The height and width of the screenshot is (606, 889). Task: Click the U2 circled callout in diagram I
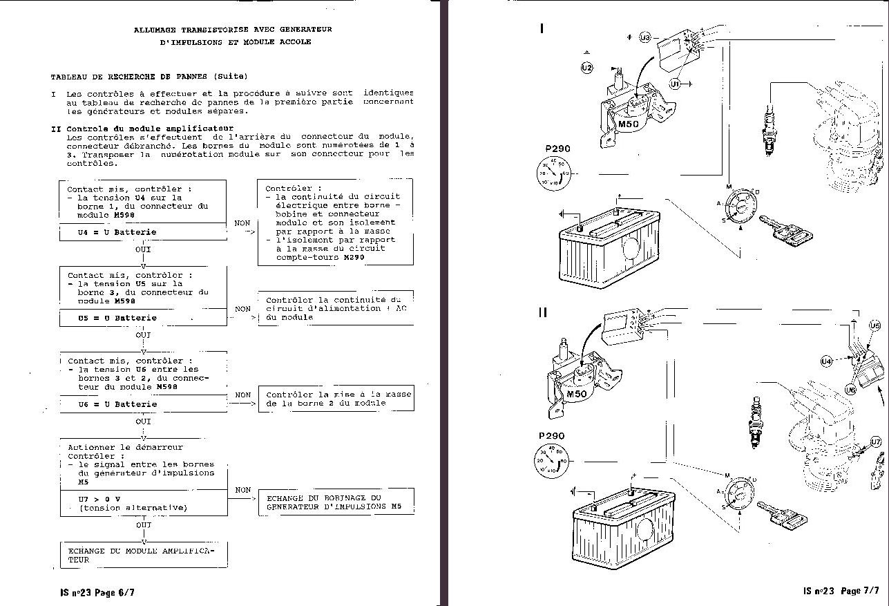(x=586, y=67)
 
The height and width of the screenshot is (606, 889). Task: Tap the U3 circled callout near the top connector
(x=645, y=38)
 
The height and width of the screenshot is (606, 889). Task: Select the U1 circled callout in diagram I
(x=675, y=84)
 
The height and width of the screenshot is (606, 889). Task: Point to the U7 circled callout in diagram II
(x=875, y=442)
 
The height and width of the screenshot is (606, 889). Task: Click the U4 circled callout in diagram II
(x=827, y=361)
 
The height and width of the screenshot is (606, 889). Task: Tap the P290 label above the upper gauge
(x=558, y=149)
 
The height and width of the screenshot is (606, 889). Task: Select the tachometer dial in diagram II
(x=551, y=460)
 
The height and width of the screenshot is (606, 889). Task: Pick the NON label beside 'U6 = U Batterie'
(x=242, y=395)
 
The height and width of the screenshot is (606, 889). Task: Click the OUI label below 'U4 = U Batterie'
(x=143, y=249)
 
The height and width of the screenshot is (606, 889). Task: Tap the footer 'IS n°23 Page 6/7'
(x=97, y=592)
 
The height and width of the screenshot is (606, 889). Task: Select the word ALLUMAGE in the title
(x=155, y=30)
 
